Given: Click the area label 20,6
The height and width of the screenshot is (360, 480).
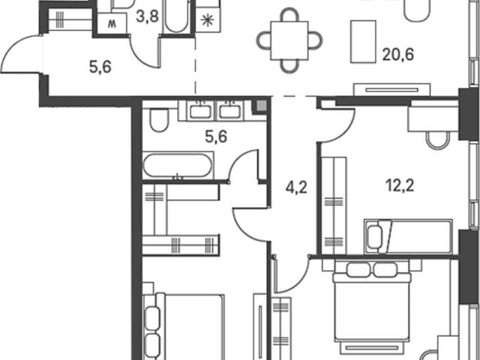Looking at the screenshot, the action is tap(398, 55).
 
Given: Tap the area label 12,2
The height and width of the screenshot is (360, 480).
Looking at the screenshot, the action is tap(400, 185).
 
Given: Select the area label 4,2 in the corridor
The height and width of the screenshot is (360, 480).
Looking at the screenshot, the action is tap(296, 187).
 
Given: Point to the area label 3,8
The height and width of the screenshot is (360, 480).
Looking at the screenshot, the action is tap(147, 16).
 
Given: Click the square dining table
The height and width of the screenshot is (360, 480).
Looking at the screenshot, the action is tap(289, 40).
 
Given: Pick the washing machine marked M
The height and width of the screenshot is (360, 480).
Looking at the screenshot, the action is tap(112, 23).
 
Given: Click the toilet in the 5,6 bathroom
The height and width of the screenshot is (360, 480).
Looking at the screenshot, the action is tap(160, 120).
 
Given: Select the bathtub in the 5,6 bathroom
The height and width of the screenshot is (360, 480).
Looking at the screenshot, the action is tap(178, 165).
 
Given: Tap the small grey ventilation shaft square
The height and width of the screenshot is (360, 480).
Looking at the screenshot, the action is tap(261, 106).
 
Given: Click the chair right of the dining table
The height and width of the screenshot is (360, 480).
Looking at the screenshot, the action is tap(315, 40).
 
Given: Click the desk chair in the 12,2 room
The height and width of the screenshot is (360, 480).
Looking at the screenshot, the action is tap(438, 140).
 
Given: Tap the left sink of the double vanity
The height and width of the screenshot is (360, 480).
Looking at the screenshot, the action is tap(200, 110).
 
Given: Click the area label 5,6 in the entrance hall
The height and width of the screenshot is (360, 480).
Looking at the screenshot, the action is tap(100, 67).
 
